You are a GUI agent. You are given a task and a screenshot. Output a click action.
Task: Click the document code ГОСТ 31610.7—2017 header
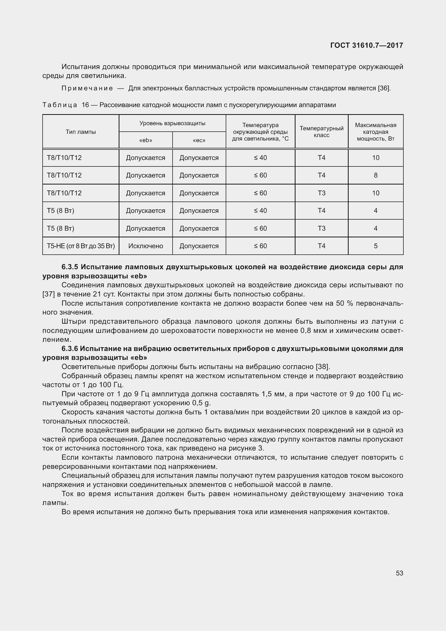366,45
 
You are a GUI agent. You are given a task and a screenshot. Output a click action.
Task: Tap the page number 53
399,573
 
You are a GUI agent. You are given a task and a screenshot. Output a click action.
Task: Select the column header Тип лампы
80,132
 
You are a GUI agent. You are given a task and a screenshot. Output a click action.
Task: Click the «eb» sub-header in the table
146,141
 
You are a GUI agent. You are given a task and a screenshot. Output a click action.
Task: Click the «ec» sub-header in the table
199,141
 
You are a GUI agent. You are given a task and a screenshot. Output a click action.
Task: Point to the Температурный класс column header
321,132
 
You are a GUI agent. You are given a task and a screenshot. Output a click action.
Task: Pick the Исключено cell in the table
146,246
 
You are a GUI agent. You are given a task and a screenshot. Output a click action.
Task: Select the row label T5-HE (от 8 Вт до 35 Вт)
80,246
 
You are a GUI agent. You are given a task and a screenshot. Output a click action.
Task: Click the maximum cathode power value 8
375,175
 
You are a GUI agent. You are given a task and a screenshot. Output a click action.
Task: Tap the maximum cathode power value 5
375,246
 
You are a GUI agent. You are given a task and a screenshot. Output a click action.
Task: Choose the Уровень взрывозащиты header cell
172,123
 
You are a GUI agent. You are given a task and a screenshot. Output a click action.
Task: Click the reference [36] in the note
384,88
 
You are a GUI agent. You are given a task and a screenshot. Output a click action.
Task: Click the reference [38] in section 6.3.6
323,367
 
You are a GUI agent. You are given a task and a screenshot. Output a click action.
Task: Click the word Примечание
87,88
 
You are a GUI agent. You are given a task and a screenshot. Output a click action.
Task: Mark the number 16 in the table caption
85,105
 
